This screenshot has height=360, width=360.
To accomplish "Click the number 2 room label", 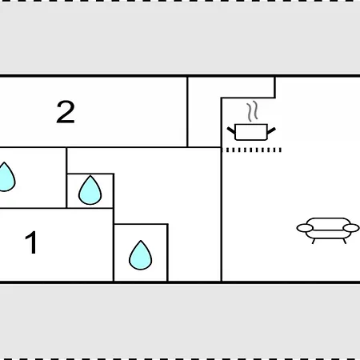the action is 66,112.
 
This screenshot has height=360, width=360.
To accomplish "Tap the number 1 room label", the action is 31,242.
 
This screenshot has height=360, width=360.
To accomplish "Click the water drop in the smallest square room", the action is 90,190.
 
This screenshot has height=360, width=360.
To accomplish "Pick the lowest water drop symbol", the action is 141,255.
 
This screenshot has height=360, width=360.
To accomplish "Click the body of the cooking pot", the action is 251,132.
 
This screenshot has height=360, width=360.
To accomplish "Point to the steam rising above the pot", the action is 252,111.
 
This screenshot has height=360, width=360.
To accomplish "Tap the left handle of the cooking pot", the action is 231,130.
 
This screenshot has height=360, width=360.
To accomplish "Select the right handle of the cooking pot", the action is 271,130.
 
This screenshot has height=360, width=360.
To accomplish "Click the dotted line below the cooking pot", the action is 251,150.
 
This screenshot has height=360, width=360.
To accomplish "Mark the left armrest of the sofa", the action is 305,228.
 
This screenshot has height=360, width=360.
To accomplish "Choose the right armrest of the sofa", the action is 351,228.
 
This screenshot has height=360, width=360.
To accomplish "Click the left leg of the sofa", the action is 314,241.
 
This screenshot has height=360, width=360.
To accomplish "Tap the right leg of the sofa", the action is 345,241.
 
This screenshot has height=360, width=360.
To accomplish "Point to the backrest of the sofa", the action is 328,222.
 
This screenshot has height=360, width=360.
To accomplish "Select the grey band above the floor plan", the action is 180,38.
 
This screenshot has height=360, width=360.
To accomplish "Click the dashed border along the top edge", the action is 180,1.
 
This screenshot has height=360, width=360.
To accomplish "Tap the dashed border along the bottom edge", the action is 180,359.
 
